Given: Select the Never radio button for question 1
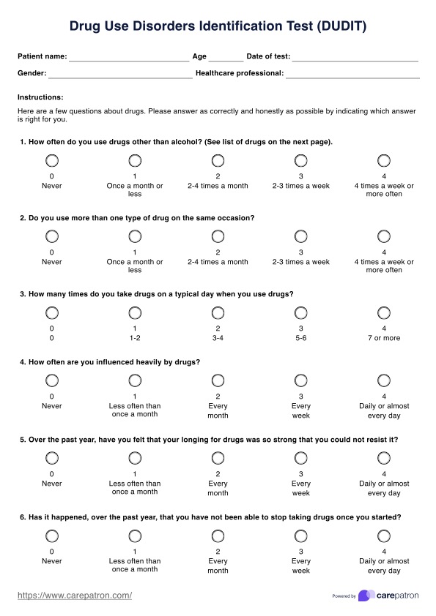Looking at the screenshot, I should tap(52, 160).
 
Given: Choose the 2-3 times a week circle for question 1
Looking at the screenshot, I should tap(300, 160).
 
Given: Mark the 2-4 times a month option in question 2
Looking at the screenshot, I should tap(218, 236).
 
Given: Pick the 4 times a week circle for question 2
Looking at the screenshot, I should tap(384, 236).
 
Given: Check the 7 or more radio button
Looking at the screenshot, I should tap(384, 312).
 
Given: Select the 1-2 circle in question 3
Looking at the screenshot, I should tap(135, 312).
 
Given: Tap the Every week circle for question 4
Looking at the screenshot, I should tap(300, 380).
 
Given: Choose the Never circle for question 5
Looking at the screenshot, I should tap(52, 458).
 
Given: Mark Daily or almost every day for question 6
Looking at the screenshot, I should tap(384, 536).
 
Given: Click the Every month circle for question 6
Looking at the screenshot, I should tap(218, 536).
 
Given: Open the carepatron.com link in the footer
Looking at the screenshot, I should tap(75, 596).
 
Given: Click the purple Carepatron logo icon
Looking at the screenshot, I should tap(366, 596).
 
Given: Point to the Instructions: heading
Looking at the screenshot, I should tap(40, 97).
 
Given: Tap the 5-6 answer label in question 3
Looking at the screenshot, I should tap(300, 338).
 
